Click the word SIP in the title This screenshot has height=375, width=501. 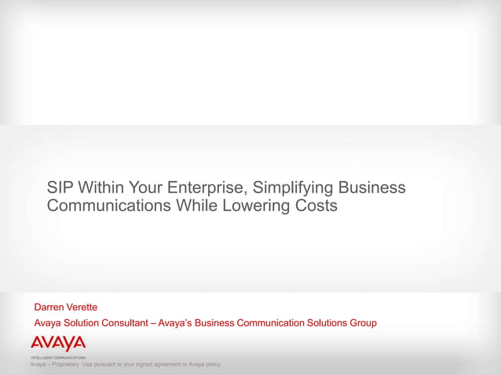click(x=60, y=188)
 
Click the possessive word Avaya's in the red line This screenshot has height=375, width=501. click(x=174, y=323)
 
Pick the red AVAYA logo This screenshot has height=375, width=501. click(x=58, y=344)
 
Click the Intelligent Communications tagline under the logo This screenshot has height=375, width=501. click(x=58, y=357)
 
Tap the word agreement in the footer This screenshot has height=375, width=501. click(x=166, y=365)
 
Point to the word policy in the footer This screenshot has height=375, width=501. click(x=212, y=365)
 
